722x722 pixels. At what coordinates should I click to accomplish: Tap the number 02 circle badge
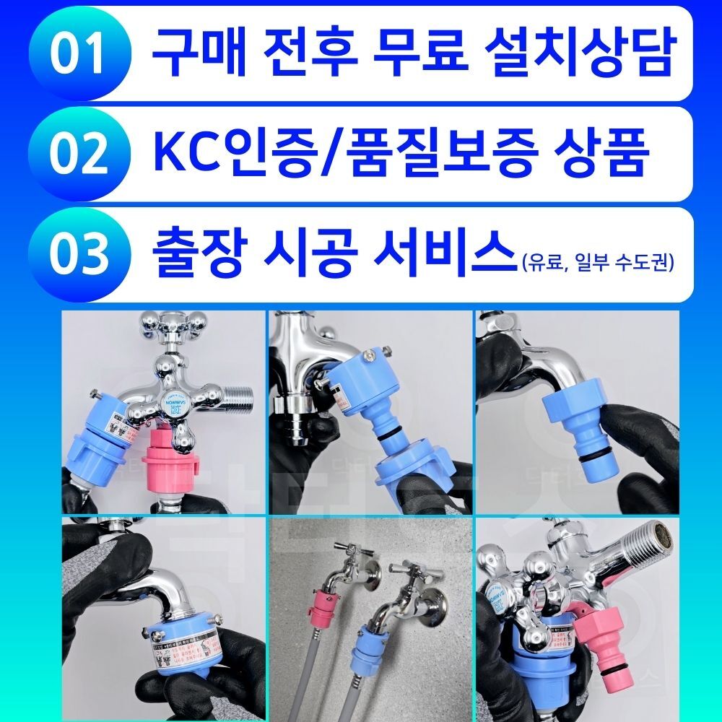point(79,154)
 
